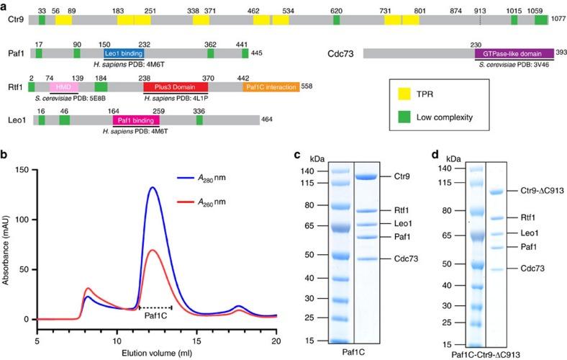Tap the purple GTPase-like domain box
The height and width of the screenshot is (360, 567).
(514, 53)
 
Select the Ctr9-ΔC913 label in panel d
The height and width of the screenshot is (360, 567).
(535, 192)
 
